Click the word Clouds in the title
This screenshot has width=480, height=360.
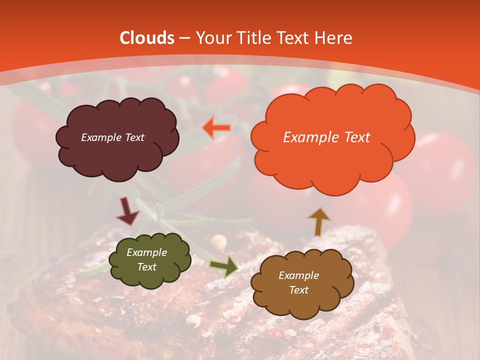(x=147, y=38)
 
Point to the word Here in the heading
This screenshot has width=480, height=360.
(x=333, y=38)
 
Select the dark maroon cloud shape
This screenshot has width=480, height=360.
(x=117, y=150)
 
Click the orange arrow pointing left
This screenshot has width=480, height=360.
(x=216, y=128)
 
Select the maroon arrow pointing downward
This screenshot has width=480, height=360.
(x=127, y=211)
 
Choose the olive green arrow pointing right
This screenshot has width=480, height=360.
(x=224, y=266)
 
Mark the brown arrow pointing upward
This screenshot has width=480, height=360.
(x=319, y=221)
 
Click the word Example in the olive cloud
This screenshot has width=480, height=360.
(x=146, y=252)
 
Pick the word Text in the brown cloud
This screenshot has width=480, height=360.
(x=298, y=290)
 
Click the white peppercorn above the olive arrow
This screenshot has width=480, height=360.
(x=218, y=242)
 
